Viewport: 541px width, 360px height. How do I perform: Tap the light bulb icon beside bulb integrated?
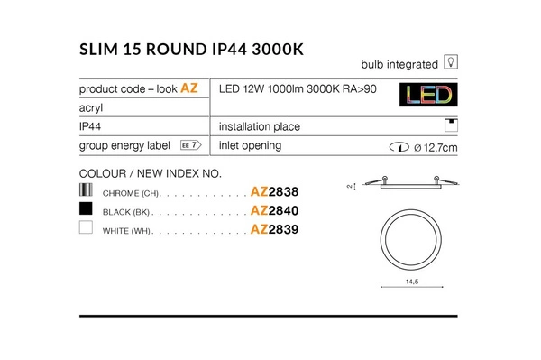453,64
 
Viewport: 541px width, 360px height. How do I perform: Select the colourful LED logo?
427,97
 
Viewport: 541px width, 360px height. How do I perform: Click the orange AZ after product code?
189,88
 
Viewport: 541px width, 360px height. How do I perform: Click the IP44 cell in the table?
89,127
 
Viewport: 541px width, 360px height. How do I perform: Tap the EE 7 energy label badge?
189,146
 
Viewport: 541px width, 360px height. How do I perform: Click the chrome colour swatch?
87,190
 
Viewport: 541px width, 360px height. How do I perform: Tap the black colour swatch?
87,209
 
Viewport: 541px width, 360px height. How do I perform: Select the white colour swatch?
87,229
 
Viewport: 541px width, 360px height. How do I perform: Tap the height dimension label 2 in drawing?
350,187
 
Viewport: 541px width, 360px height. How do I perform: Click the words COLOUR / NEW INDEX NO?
150,172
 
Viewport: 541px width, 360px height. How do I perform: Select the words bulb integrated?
399,65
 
